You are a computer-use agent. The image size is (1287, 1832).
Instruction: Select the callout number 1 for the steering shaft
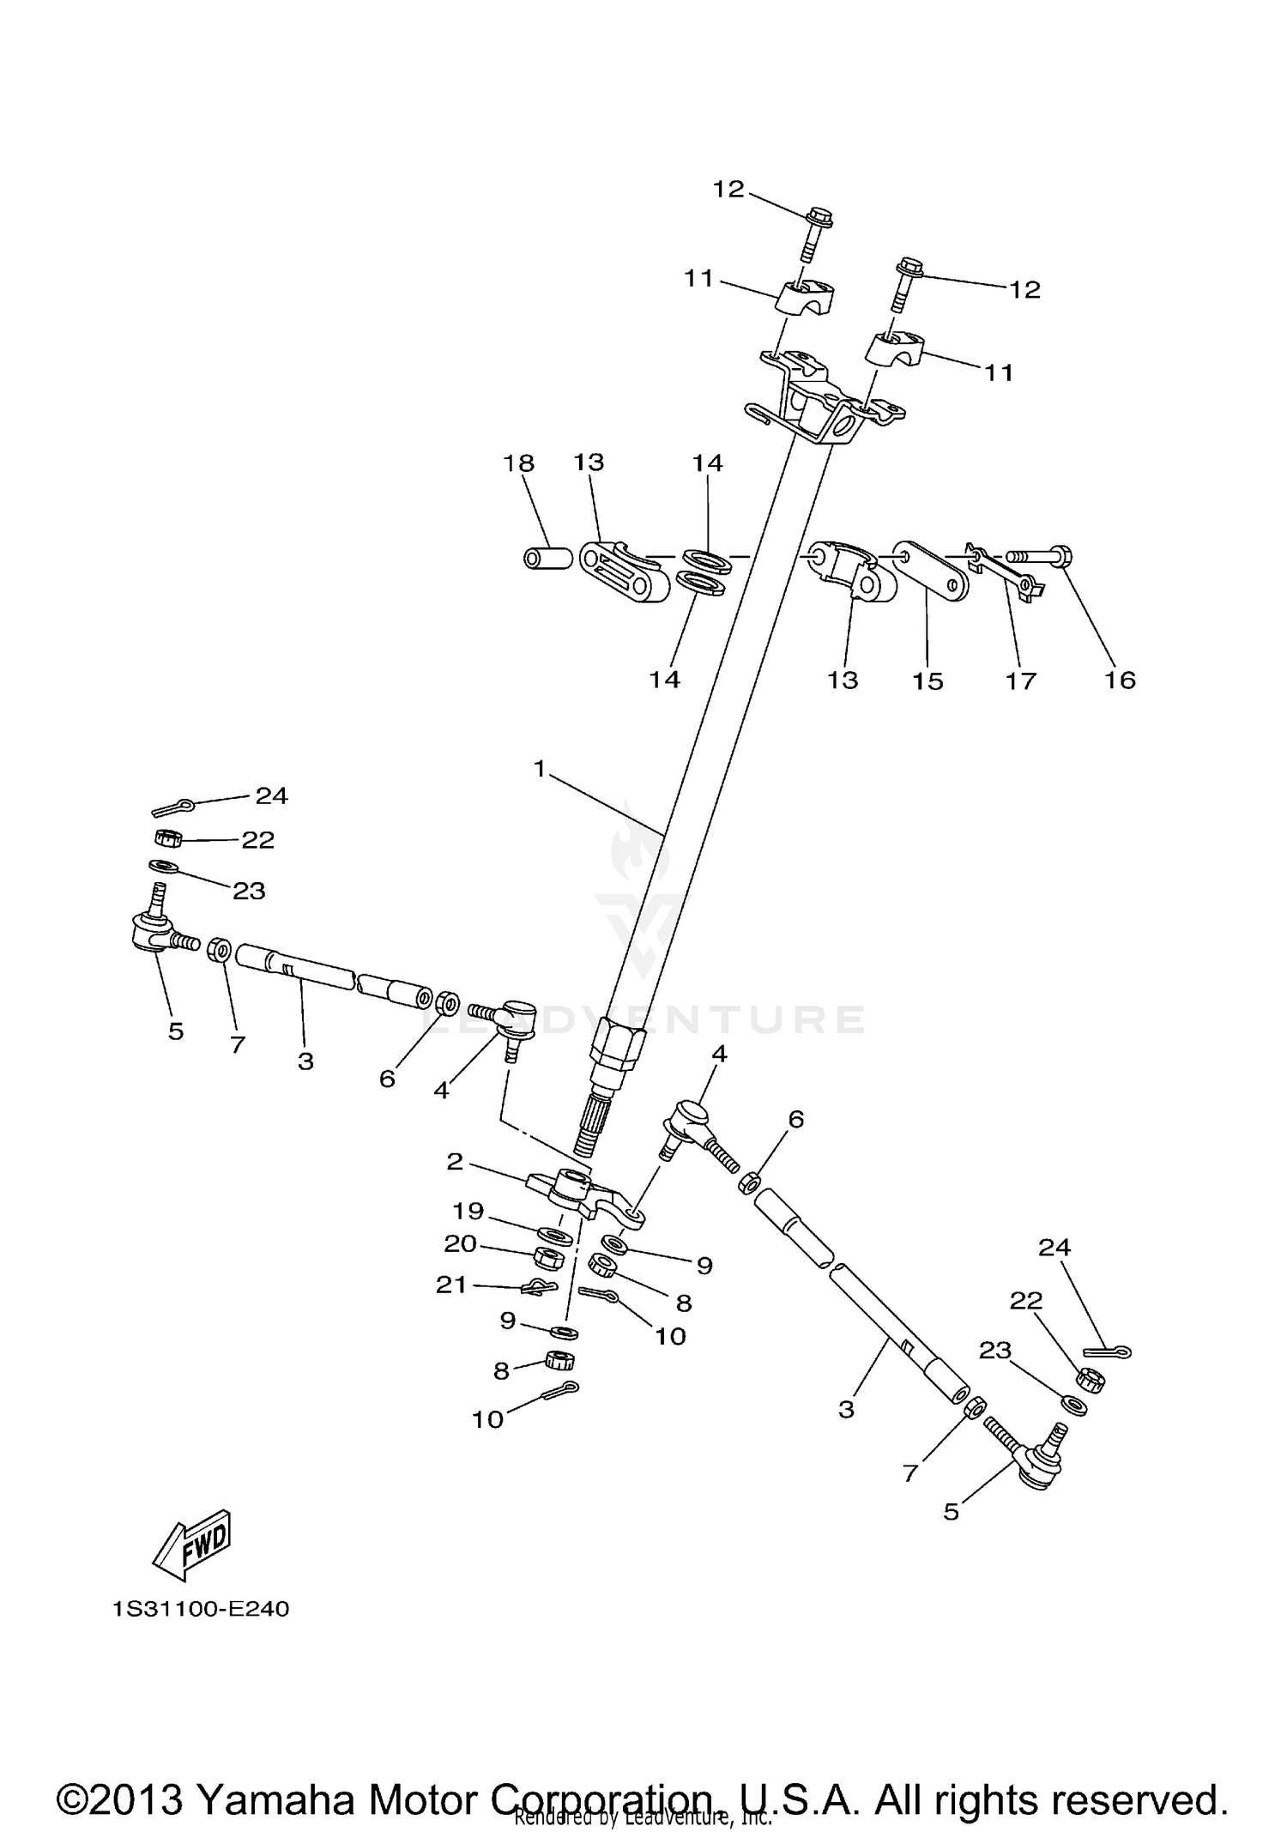pyautogui.click(x=539, y=769)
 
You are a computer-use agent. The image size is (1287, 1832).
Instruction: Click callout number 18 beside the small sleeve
pyautogui.click(x=518, y=463)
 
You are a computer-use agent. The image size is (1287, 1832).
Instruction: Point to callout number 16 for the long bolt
pyautogui.click(x=1121, y=680)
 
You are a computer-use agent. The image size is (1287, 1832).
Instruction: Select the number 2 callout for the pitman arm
pyautogui.click(x=455, y=1162)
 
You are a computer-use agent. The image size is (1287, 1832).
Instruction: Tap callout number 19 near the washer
pyautogui.click(x=468, y=1211)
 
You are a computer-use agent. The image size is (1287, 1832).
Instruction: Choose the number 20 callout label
pyautogui.click(x=461, y=1243)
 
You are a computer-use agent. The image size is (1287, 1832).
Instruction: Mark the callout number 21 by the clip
pyautogui.click(x=451, y=1285)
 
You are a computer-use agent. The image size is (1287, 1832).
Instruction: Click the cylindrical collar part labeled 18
pyautogui.click(x=548, y=559)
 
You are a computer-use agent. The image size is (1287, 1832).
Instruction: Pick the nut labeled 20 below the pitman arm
pyautogui.click(x=547, y=1258)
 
